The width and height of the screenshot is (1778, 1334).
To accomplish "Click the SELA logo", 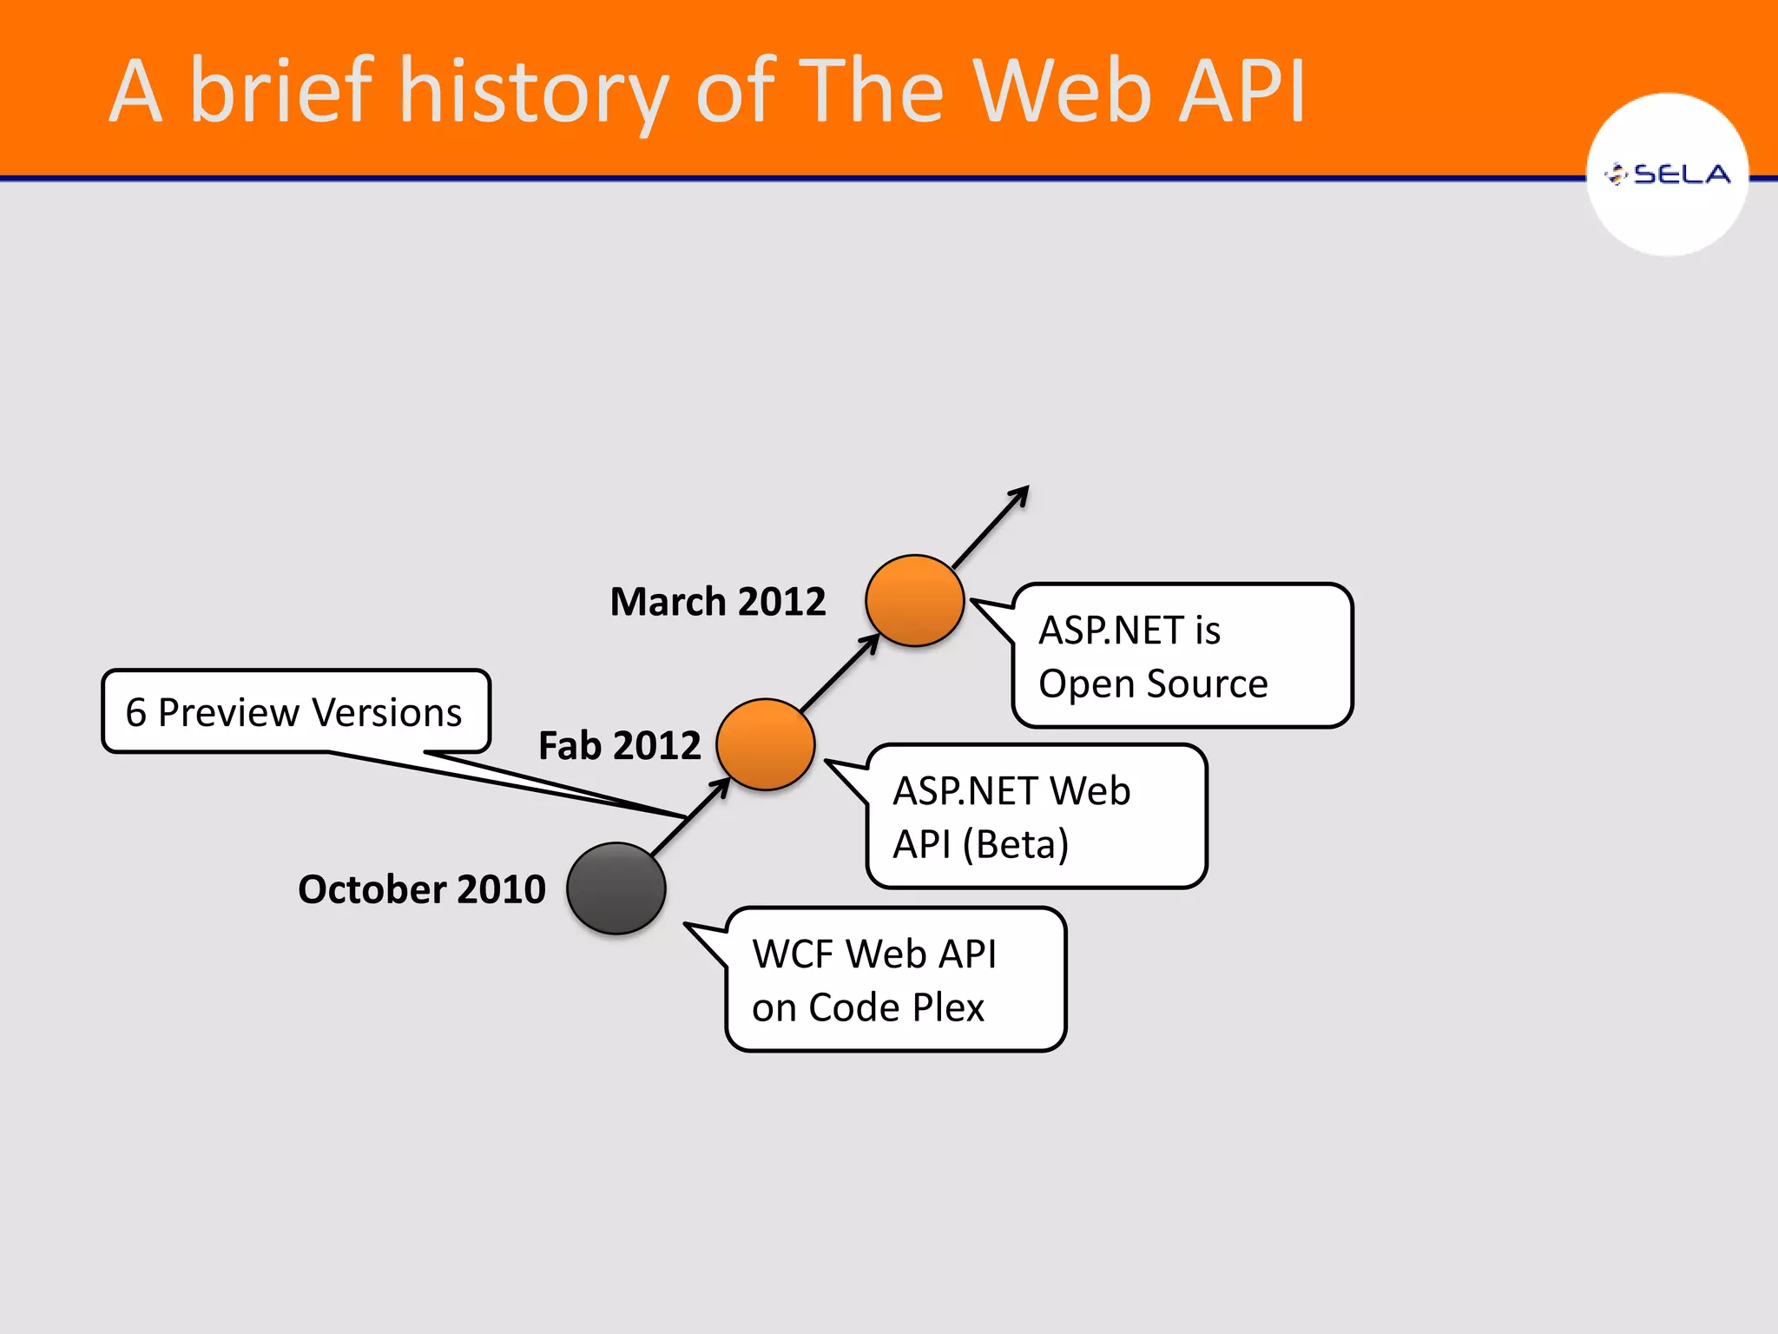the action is tap(1667, 175).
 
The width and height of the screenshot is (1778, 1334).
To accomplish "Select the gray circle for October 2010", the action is tap(616, 888).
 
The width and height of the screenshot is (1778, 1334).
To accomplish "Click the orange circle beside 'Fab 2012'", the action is tap(766, 744).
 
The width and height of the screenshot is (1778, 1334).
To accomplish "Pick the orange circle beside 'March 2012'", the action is tap(915, 600).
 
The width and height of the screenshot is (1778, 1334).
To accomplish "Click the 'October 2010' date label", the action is tap(421, 889).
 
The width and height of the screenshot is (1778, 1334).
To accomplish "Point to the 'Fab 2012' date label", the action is tap(619, 745).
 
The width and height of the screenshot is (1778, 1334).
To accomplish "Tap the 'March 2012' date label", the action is tap(718, 601).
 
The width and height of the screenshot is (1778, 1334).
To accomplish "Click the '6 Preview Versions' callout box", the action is tap(296, 711).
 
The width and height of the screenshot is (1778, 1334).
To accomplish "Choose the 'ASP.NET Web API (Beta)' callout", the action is tap(1037, 816).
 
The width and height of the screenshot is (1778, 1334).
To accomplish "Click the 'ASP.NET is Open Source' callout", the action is tap(1182, 656).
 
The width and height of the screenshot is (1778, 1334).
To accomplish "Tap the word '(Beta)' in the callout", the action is tap(1016, 844).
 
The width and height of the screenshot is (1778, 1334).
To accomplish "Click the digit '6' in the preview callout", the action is tap(135, 712).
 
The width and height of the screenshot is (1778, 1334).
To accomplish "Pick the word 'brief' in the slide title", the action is tap(281, 90).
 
